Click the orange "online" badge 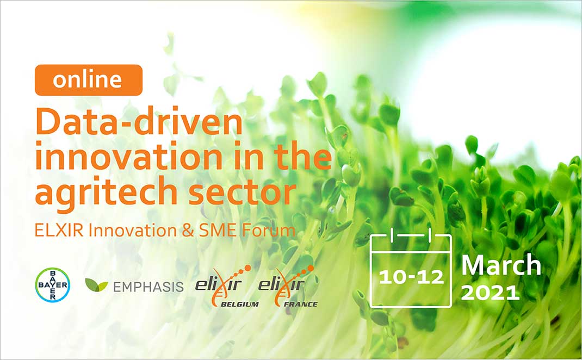[x=89, y=80]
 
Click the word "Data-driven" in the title [x=139, y=121]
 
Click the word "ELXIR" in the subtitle [x=59, y=230]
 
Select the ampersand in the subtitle [x=188, y=230]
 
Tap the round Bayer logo [x=52, y=284]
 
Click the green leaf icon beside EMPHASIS [x=96, y=284]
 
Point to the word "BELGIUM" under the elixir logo [x=240, y=305]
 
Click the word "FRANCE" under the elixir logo [x=301, y=305]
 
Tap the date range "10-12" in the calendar [x=411, y=277]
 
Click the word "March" [x=501, y=265]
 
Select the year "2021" [x=490, y=293]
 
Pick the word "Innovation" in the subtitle [x=133, y=230]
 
